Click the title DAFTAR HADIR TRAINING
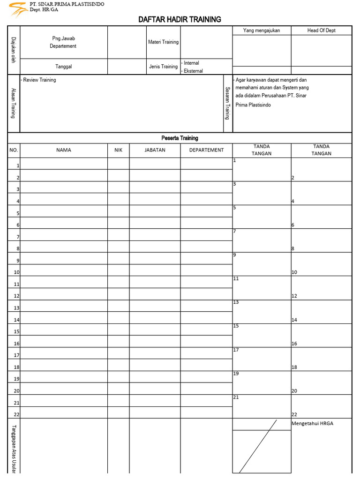[180, 19]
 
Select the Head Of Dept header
[321, 30]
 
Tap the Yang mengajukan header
[262, 30]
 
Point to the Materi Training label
[163, 42]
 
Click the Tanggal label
[64, 67]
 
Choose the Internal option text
[191, 63]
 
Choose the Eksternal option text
[193, 71]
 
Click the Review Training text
[39, 80]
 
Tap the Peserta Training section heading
[180, 138]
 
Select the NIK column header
[118, 150]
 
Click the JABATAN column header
[155, 150]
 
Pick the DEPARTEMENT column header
[206, 150]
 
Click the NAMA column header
[64, 150]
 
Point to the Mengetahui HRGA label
[312, 424]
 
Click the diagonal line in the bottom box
[258, 446]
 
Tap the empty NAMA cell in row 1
[64, 164]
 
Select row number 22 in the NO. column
[16, 414]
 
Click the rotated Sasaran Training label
[227, 103]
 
